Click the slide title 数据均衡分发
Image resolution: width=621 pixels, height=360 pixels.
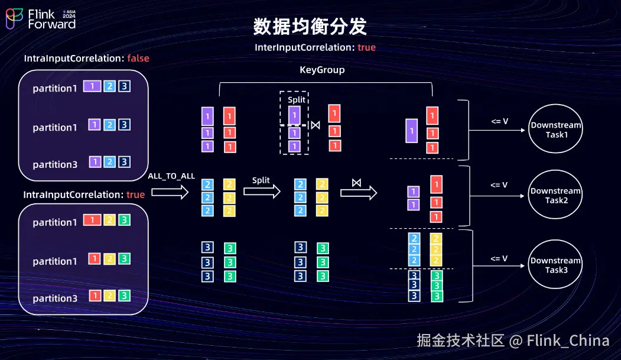click(310, 27)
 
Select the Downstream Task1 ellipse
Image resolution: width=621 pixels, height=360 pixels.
click(555, 130)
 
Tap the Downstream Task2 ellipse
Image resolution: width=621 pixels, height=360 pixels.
click(555, 196)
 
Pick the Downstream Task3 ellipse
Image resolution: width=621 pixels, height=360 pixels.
click(555, 265)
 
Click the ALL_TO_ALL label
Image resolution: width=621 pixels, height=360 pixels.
click(171, 176)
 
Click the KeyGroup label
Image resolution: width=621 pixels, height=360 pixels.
click(322, 70)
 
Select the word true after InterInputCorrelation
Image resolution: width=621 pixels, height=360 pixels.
click(366, 47)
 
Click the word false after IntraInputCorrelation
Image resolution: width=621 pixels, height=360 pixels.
click(138, 59)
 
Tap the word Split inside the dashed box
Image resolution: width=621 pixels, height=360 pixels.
click(296, 100)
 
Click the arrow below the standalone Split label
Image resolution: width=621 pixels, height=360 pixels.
click(262, 192)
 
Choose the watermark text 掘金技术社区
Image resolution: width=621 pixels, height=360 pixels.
click(460, 340)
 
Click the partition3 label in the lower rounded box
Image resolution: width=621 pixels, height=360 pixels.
click(55, 299)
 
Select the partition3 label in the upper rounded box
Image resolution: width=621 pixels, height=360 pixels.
click(55, 165)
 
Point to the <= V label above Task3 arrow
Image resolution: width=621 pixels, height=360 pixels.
click(499, 258)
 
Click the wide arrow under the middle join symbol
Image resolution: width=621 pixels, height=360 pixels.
click(358, 193)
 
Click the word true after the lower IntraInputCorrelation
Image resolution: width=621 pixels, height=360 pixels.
click(135, 194)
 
